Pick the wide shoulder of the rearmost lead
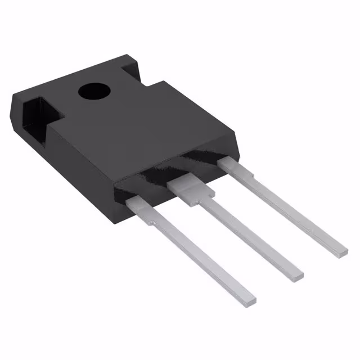pyautogui.click(x=232, y=166)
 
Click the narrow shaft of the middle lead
pyautogui.click(x=247, y=233)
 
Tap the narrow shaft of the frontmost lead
pyautogui.click(x=200, y=256)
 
